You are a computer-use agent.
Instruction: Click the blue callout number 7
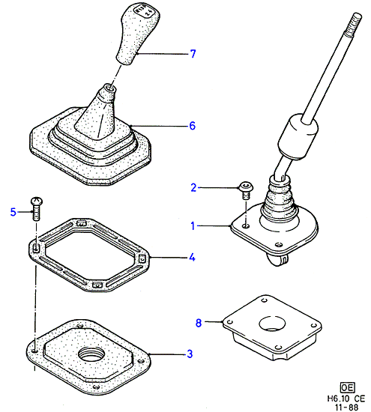(193, 54)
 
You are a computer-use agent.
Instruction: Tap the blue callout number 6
(193, 126)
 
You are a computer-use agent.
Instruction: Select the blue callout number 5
(13, 212)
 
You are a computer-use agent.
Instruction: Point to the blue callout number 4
(192, 257)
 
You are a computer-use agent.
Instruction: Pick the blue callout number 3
(190, 354)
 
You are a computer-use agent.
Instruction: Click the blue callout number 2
(193, 187)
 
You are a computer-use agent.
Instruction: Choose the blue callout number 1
(193, 225)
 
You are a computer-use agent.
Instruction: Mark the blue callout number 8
(199, 322)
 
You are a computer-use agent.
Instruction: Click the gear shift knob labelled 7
(138, 33)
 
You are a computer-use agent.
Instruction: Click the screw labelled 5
(37, 209)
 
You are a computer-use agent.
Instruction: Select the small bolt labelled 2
(246, 190)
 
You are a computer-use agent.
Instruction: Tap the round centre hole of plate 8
(272, 323)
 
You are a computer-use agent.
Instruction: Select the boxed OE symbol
(347, 387)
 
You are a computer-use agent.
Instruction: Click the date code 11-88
(346, 408)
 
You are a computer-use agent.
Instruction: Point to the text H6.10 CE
(346, 399)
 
